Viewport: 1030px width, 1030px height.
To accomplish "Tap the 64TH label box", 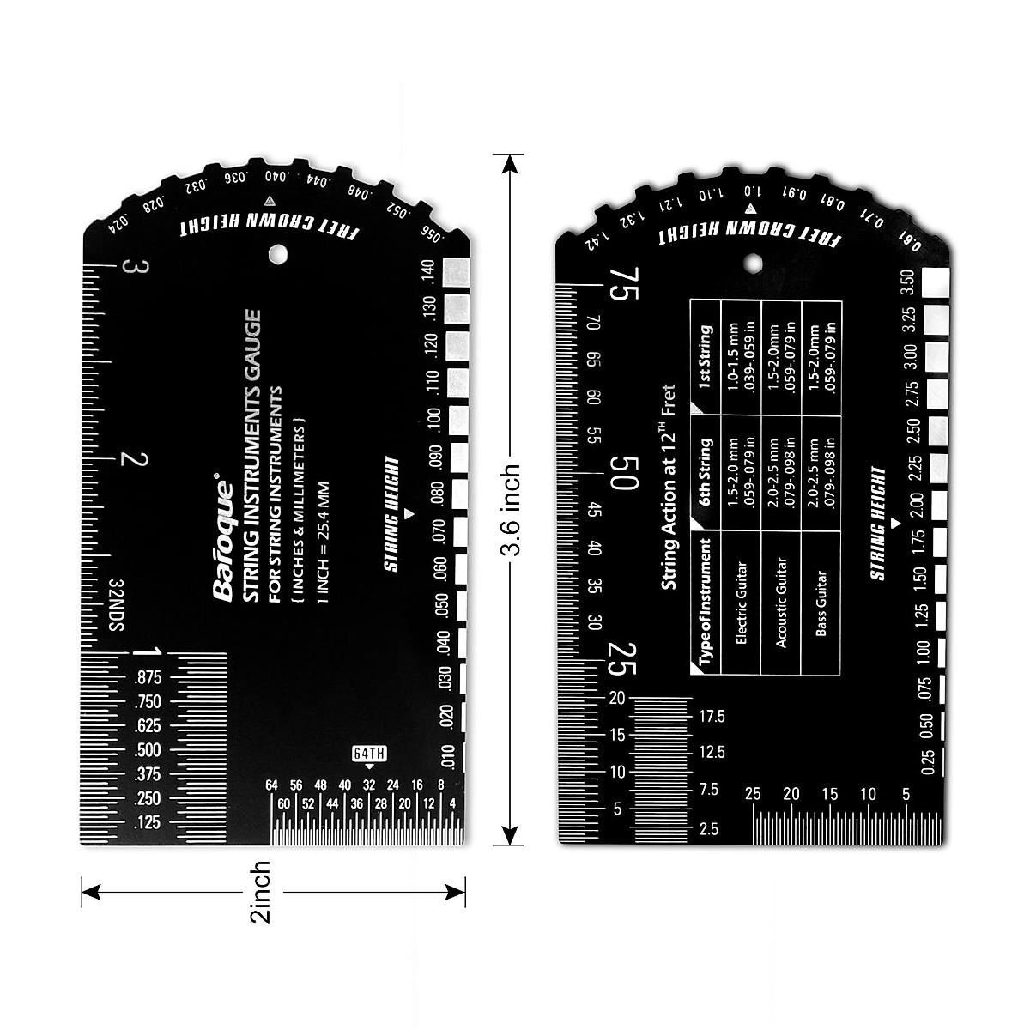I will (x=369, y=754).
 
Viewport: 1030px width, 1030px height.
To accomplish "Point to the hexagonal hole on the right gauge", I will (x=752, y=261).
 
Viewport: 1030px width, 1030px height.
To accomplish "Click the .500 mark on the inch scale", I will (x=148, y=750).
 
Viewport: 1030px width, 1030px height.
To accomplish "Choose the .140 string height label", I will (x=427, y=273).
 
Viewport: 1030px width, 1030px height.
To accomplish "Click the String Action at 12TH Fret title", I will (x=669, y=487).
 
